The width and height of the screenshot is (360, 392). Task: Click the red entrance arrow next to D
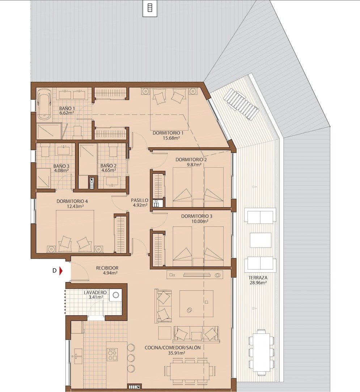[62, 270]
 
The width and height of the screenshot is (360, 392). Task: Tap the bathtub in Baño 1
[45, 105]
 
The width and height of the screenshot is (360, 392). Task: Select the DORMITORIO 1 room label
[168, 133]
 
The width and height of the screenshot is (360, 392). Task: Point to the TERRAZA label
[258, 278]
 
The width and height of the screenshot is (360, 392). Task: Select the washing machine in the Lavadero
[116, 295]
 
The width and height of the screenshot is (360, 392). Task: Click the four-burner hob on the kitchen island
[112, 354]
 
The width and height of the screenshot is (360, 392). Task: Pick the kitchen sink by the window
[78, 356]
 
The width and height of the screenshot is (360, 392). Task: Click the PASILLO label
[139, 200]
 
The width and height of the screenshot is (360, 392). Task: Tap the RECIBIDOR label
[107, 268]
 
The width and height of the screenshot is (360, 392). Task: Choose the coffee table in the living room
[196, 303]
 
